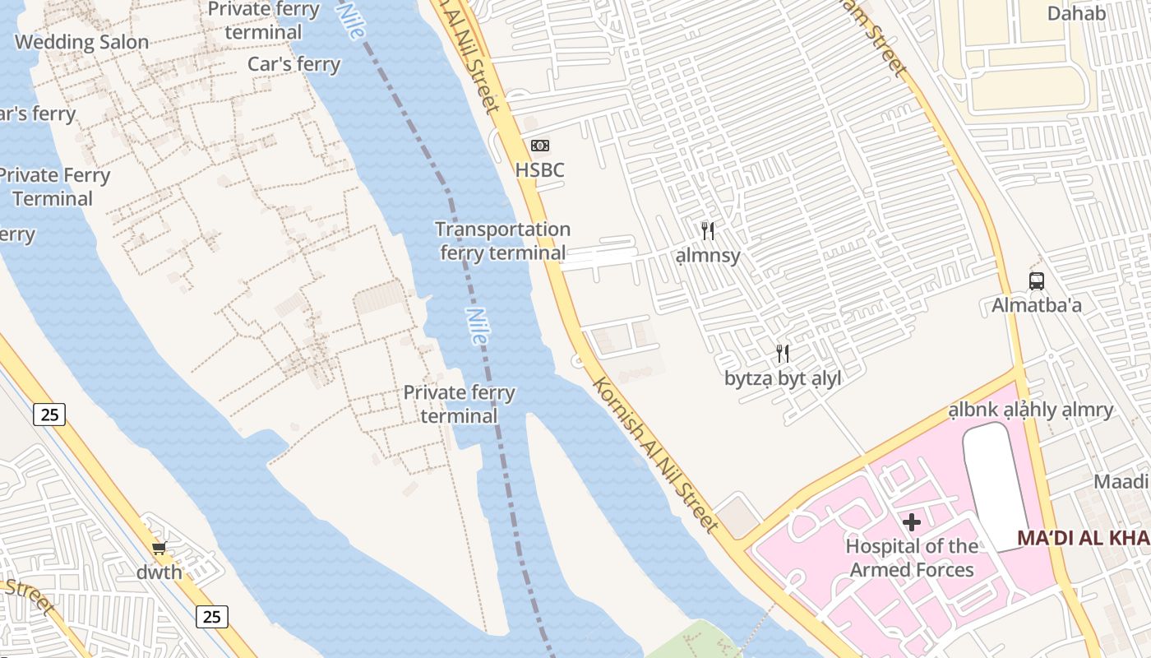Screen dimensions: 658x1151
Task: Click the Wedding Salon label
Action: click(x=81, y=42)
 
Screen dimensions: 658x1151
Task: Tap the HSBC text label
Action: click(x=539, y=170)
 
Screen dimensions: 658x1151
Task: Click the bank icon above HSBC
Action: click(x=539, y=146)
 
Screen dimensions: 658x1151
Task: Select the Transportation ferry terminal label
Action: click(x=502, y=241)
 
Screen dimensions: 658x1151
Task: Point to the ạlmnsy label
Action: click(x=708, y=256)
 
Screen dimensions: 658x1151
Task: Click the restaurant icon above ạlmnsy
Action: click(x=708, y=231)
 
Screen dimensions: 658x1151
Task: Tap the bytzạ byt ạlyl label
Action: click(x=783, y=378)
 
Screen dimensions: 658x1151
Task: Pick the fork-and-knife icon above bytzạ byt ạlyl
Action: click(x=783, y=354)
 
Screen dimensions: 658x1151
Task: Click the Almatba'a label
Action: click(x=1036, y=305)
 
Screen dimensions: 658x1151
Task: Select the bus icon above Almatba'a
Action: click(x=1037, y=281)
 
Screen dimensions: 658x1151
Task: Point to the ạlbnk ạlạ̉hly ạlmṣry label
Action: click(x=1030, y=410)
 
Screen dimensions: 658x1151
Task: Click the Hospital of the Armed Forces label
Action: click(x=912, y=558)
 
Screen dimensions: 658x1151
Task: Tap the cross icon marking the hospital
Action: click(x=912, y=521)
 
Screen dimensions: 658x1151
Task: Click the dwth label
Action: click(x=159, y=572)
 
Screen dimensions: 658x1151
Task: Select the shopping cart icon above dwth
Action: click(x=159, y=548)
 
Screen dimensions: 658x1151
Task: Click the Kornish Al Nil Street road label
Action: click(x=655, y=454)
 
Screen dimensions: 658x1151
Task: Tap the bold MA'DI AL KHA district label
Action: click(x=1083, y=538)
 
